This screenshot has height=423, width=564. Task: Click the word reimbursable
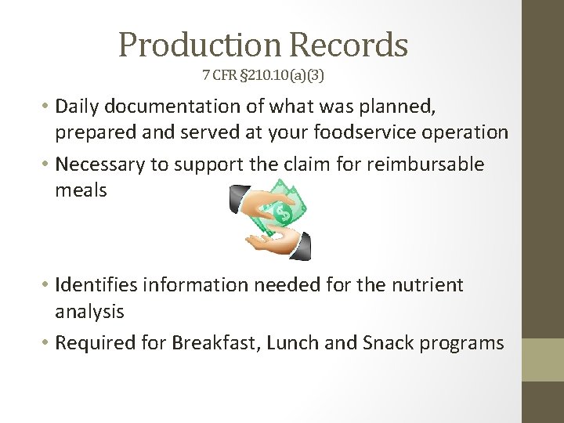point(428,164)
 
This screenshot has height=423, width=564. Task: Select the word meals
point(81,190)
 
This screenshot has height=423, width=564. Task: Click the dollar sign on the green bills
point(284,211)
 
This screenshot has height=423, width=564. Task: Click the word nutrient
point(424,285)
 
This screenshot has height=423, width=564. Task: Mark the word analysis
point(89,312)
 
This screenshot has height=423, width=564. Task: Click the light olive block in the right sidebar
point(543,360)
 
